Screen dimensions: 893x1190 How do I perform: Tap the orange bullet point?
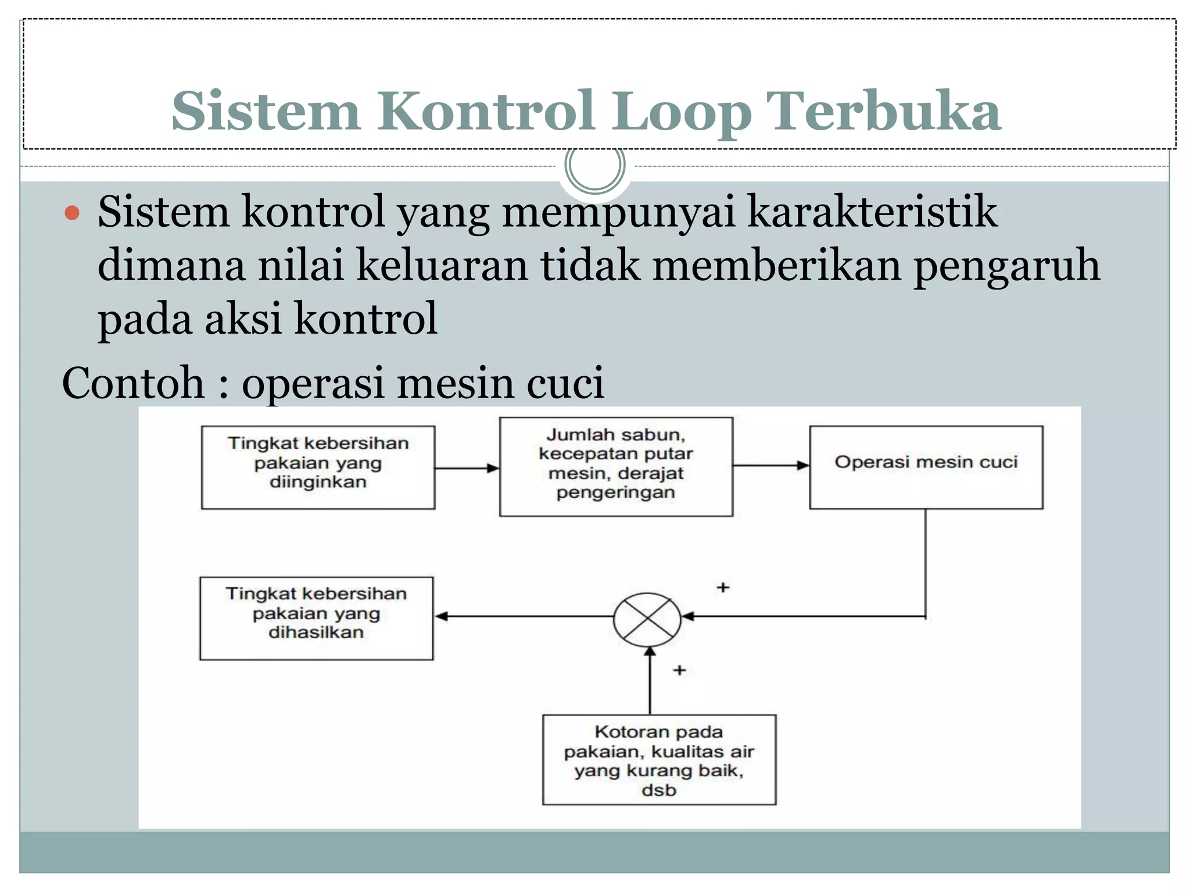pos(72,213)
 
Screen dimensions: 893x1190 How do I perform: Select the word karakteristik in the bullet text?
pos(872,212)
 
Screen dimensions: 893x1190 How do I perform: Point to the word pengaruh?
pos(1006,266)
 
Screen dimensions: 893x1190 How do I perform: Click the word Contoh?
pos(132,383)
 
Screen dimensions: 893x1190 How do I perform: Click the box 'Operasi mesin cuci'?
pos(926,467)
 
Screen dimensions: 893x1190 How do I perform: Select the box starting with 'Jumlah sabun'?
pos(616,466)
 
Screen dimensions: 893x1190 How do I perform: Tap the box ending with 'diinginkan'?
pos(318,467)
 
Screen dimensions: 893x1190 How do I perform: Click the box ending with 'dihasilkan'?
pos(316,618)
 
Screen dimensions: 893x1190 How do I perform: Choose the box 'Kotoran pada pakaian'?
pos(659,760)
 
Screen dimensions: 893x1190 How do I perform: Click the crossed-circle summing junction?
pos(647,619)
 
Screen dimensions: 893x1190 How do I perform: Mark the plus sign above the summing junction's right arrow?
pos(723,587)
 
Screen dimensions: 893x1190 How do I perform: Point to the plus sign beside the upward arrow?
pos(679,670)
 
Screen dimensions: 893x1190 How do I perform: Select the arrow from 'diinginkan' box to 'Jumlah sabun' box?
pos(467,468)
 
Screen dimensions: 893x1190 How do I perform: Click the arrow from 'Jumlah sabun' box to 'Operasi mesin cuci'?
pos(770,465)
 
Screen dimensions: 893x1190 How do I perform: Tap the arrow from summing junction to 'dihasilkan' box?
pos(523,616)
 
